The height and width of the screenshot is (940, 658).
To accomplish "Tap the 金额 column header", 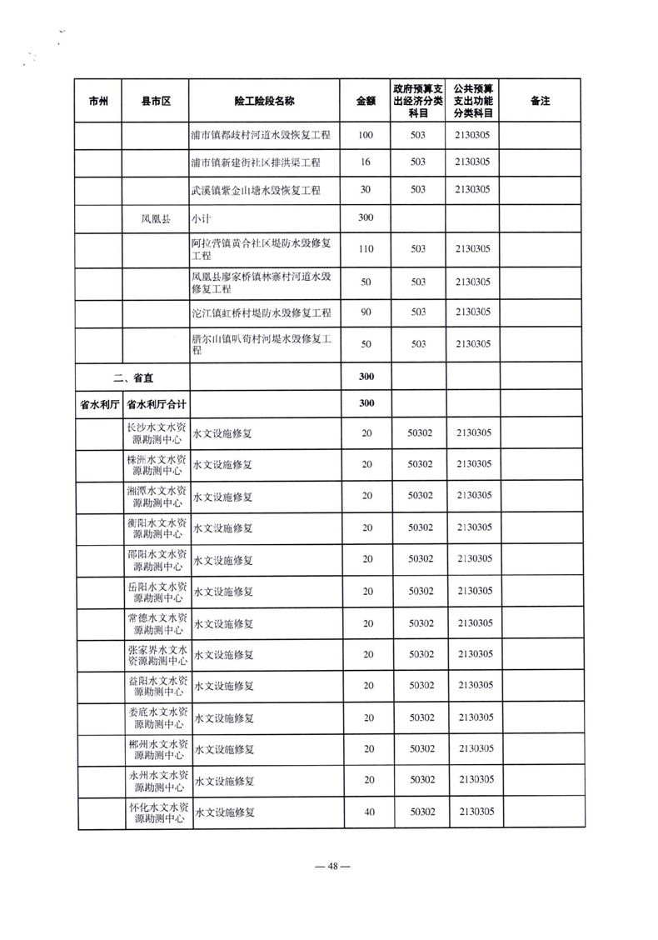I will click(366, 101).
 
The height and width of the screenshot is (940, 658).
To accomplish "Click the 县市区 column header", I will click(156, 101).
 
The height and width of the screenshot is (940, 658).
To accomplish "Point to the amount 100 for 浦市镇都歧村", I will click(366, 134).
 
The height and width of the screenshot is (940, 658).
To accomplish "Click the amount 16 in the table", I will click(366, 162).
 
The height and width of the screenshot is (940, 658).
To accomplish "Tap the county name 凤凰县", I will click(156, 219).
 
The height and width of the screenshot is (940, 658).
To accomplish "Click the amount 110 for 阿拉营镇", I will click(366, 248).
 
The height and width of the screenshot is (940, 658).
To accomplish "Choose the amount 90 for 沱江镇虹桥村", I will click(366, 312).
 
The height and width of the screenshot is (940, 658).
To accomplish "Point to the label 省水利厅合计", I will click(156, 403).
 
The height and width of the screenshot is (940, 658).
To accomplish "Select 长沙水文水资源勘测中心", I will click(156, 432).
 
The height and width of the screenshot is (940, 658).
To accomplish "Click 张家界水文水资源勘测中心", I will click(156, 655).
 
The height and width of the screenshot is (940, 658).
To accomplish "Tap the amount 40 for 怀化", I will click(366, 812).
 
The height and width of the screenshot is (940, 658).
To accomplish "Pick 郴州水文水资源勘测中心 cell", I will click(156, 749).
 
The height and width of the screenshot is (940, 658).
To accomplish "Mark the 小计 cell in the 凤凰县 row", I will click(200, 219).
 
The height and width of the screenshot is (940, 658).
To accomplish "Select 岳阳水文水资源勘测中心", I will click(156, 592).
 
